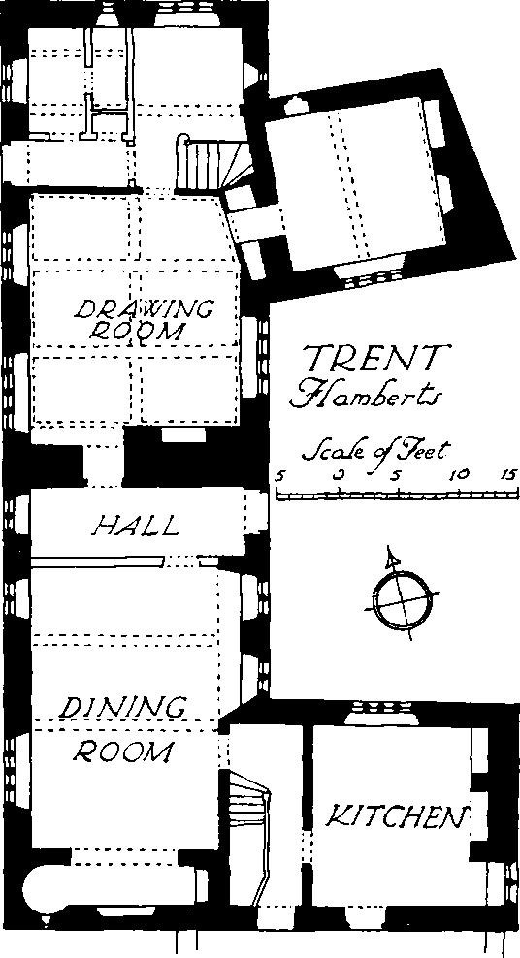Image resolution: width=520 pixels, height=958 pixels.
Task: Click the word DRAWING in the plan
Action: (x=145, y=309)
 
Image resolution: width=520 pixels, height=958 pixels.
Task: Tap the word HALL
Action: (x=136, y=526)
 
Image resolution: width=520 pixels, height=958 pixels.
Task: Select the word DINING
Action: (x=124, y=708)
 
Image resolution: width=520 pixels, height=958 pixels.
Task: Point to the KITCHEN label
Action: (x=397, y=816)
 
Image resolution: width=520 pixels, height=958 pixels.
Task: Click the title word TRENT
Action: (x=373, y=358)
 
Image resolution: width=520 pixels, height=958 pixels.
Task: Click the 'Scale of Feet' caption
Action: (x=375, y=452)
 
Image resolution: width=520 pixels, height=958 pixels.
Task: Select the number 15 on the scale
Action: (x=510, y=475)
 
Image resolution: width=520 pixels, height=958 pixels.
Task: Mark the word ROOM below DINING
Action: (x=122, y=750)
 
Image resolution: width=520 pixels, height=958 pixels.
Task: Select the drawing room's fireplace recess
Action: (x=182, y=434)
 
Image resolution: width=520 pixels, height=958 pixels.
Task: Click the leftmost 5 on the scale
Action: (x=280, y=475)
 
